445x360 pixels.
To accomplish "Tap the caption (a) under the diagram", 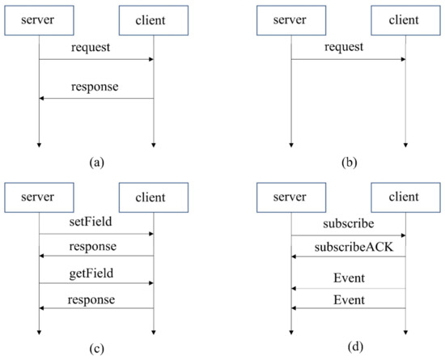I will (x=96, y=163).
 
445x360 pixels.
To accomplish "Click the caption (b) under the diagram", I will (x=348, y=163).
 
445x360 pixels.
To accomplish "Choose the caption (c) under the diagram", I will (x=96, y=348).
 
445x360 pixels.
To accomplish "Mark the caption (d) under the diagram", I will (x=348, y=348).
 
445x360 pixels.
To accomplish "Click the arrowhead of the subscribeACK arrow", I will (x=295, y=257).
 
